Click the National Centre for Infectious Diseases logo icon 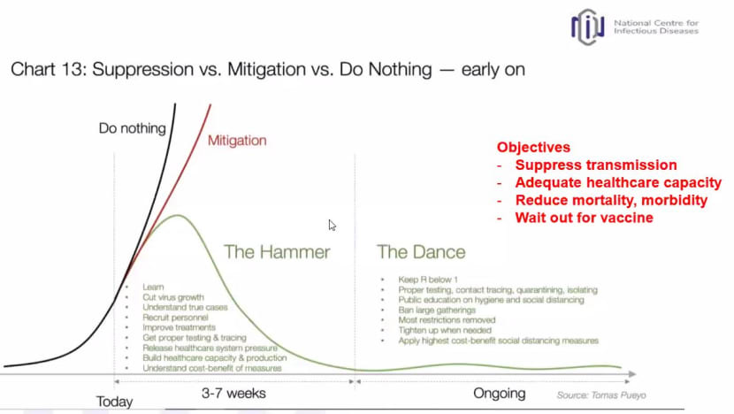tap(587, 27)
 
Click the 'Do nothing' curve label tap(133, 128)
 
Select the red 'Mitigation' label tap(237, 141)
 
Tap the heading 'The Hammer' tap(277, 252)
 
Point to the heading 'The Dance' tap(421, 252)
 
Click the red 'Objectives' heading tap(533, 147)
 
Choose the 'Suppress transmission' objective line tap(596, 165)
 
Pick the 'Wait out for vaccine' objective tap(585, 218)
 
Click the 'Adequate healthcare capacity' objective tap(618, 182)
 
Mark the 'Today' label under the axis tap(115, 402)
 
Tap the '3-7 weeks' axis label tap(233, 393)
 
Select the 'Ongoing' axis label tap(500, 394)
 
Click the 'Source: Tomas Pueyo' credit tap(601, 395)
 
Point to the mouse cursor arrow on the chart tap(332, 226)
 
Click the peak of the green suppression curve tap(178, 216)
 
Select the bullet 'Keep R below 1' tap(428, 280)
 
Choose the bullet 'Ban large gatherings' tap(437, 310)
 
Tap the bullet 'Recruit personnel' tap(175, 318)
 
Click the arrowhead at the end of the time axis tap(632, 374)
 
